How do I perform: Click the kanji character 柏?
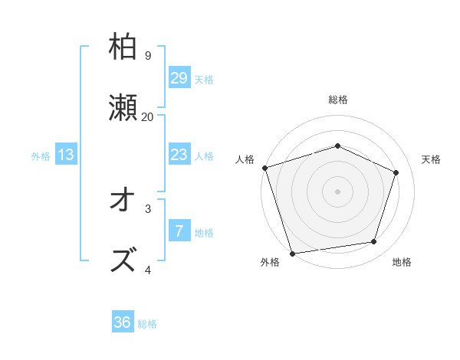pyautogui.click(x=123, y=47)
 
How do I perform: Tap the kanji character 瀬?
pyautogui.click(x=123, y=108)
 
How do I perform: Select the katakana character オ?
pyautogui.click(x=123, y=200)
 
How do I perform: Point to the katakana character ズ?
pyautogui.click(x=123, y=260)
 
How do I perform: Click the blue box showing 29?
pyautogui.click(x=179, y=78)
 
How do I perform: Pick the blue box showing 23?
pyautogui.click(x=179, y=155)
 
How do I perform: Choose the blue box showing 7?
pyautogui.click(x=179, y=231)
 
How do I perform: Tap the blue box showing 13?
pyautogui.click(x=66, y=155)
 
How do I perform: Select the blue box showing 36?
pyautogui.click(x=123, y=322)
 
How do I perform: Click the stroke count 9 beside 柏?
pyautogui.click(x=147, y=56)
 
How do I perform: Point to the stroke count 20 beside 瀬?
pyautogui.click(x=147, y=117)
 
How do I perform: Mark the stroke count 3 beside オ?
pyautogui.click(x=147, y=208)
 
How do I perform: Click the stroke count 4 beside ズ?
pyautogui.click(x=147, y=270)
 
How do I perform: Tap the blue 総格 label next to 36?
pyautogui.click(x=147, y=324)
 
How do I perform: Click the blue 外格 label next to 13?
pyautogui.click(x=41, y=156)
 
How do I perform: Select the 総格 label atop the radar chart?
pyautogui.click(x=337, y=100)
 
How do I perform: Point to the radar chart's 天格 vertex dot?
pyautogui.click(x=396, y=172)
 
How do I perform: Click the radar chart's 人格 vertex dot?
pyautogui.click(x=264, y=168)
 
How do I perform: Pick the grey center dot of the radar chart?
pyautogui.click(x=337, y=191)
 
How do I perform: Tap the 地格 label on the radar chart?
pyautogui.click(x=402, y=262)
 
